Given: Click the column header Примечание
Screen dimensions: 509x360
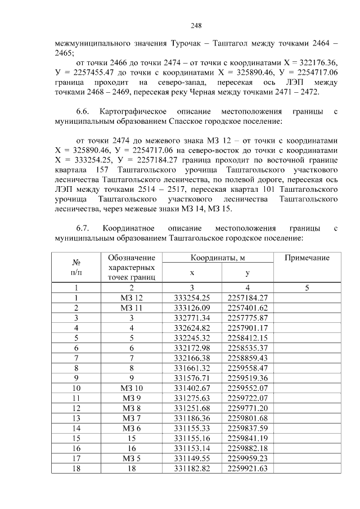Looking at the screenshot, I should pos(307,258).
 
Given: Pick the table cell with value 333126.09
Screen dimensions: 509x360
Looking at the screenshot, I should pos(192,308).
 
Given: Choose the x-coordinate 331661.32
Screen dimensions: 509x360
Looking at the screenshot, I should pos(192,368).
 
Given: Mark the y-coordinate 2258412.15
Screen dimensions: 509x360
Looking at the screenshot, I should pos(247,337).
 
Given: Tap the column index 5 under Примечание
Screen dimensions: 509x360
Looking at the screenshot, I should pos(307,287).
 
